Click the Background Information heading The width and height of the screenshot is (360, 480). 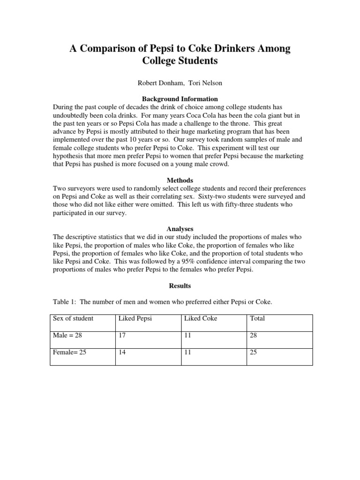tap(180, 99)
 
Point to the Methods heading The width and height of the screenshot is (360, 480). tap(180, 180)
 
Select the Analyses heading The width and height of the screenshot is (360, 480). tap(180, 229)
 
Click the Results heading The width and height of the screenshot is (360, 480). tap(180, 285)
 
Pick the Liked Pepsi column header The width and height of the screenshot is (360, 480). tap(135, 318)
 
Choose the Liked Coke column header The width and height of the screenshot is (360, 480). tap(201, 318)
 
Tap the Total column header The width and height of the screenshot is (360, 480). tap(257, 318)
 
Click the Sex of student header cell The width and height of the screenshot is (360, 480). tap(73, 318)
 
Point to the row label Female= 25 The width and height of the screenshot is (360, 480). tap(70, 352)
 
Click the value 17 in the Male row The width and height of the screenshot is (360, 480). tap(122, 335)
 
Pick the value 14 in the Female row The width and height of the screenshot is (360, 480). tap(122, 352)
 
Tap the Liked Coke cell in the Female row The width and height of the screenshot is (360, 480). tap(187, 352)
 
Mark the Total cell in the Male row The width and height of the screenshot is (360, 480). tap(254, 335)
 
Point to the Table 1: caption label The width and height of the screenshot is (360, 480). tap(64, 302)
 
